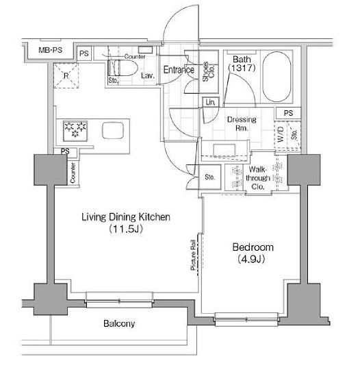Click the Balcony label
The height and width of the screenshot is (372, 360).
pyautogui.click(x=119, y=323)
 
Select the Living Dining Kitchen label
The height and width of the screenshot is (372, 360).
pyautogui.click(x=125, y=217)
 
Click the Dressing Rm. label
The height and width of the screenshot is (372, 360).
pyautogui.click(x=242, y=124)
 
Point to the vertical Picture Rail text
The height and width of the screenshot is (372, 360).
pyautogui.click(x=194, y=254)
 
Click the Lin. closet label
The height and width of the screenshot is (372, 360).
pyautogui.click(x=209, y=103)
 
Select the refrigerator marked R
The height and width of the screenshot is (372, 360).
pyautogui.click(x=66, y=74)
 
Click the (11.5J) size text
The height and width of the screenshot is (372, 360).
pyautogui.click(x=125, y=230)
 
